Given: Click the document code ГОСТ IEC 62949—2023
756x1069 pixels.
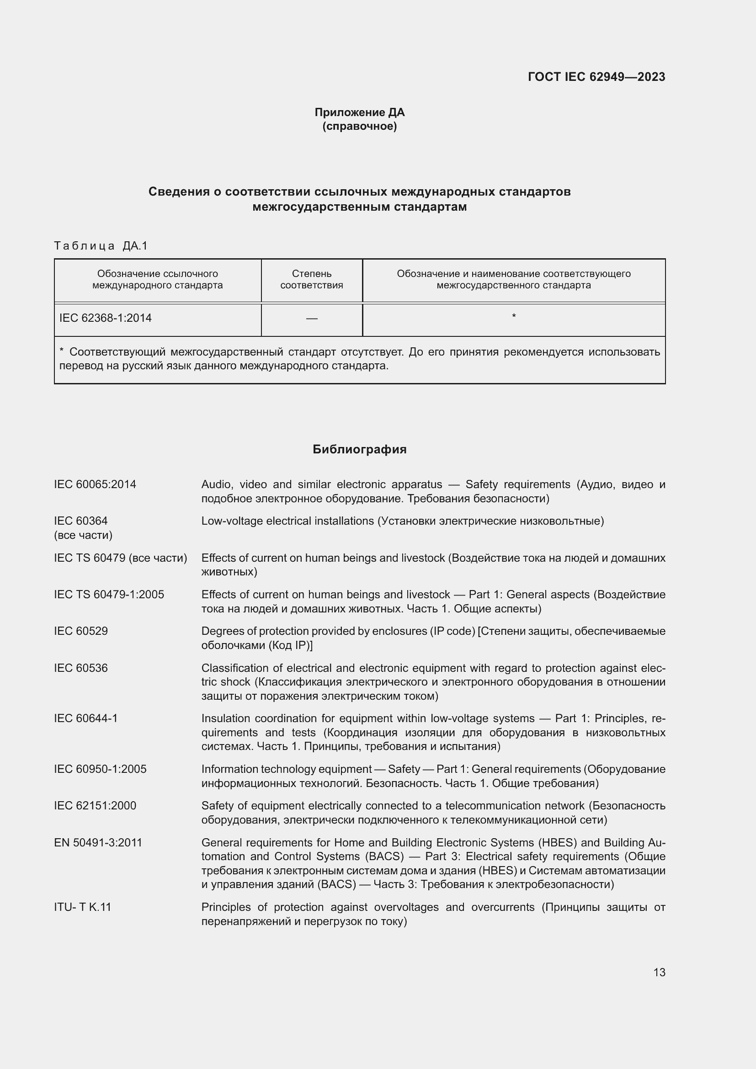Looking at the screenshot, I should pos(596,77).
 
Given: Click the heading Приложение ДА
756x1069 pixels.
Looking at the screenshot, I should pos(359,112).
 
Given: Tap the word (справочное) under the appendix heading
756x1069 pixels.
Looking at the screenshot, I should pos(359,127).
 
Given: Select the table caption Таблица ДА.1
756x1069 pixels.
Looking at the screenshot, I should pos(101,246).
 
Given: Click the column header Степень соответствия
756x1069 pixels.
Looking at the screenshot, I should pos(311,279).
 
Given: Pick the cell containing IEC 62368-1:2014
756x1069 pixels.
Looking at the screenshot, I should pos(106,318).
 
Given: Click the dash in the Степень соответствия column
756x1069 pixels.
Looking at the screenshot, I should pos(311,319).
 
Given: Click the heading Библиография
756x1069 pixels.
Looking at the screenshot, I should pos(359,449).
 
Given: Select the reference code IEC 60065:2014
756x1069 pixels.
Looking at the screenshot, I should pos(95,484).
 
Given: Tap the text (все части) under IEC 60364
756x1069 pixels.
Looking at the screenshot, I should pos(83,536).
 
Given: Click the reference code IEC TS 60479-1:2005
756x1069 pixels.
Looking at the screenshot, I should pos(109,595).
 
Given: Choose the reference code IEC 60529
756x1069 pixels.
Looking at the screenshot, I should pos(81,631).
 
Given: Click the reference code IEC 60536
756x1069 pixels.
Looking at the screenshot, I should pos(81,668).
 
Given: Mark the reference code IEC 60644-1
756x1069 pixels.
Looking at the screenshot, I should pos(86,718).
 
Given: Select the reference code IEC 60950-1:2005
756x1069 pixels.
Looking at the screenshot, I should pos(100,769).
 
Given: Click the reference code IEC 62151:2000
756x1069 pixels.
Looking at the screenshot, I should pos(95,806).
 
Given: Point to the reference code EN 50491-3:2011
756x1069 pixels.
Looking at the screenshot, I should pos(98,843).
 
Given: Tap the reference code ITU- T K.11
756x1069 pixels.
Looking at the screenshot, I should pos(83,907).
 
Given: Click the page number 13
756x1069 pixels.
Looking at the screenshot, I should pos(659,973).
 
